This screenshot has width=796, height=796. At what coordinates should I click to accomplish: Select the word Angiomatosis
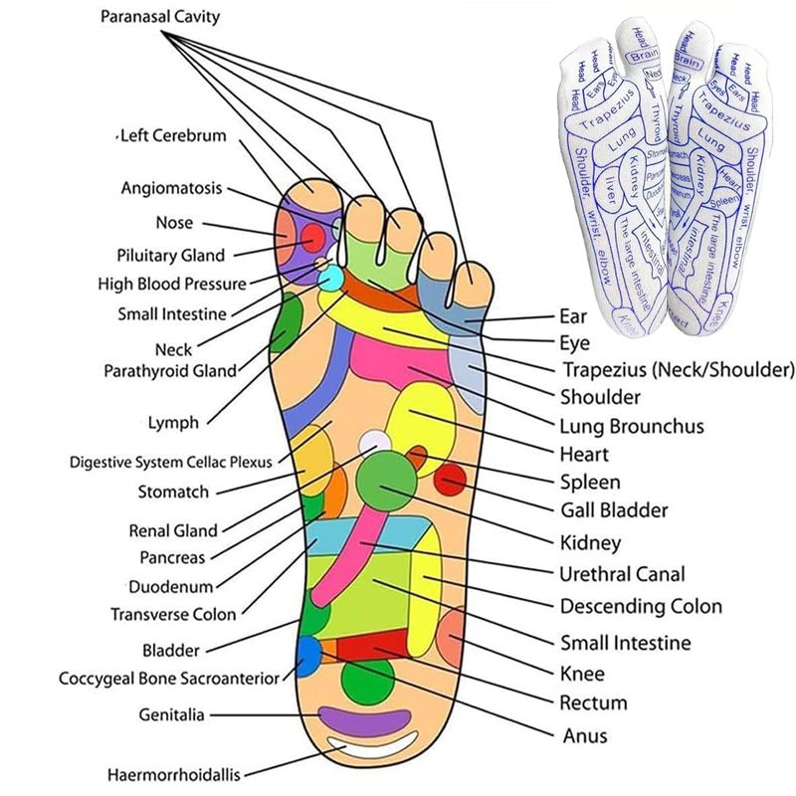coord(171,188)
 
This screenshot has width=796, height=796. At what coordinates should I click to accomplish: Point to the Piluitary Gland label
coord(170,255)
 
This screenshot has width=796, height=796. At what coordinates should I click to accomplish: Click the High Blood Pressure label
coord(171,284)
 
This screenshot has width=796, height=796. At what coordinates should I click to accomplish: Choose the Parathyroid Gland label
coord(170,371)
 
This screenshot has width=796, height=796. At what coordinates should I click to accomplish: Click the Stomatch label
coord(173,492)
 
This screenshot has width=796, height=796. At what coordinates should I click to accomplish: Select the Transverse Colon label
coord(173,614)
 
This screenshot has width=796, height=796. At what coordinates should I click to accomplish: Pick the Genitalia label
coord(172,714)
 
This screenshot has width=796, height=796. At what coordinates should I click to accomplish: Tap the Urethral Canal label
coord(623,574)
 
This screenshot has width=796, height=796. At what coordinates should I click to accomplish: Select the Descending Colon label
coord(641,606)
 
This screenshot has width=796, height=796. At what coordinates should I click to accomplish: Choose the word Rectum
coord(593,702)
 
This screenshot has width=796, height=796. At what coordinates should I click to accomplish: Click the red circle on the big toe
coord(312,238)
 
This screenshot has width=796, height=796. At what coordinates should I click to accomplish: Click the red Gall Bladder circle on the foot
coord(450,483)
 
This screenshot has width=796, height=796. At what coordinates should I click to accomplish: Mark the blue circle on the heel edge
coord(307,655)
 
